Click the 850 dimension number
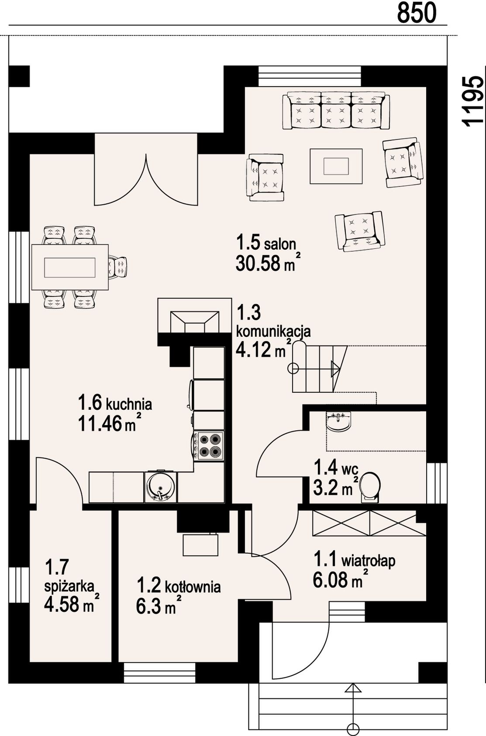(417, 13)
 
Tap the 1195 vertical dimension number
(473, 101)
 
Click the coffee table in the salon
(336, 166)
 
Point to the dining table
(70, 267)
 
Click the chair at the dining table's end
(117, 268)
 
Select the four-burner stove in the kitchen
(209, 446)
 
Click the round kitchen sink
(160, 487)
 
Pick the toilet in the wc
(370, 487)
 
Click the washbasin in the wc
(339, 421)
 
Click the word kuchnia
(129, 404)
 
